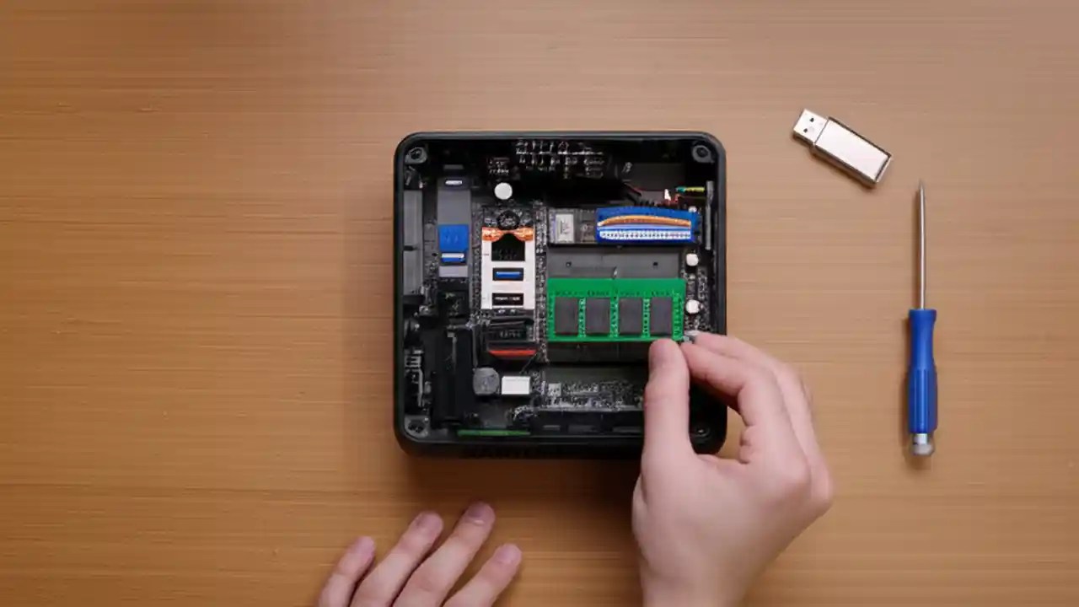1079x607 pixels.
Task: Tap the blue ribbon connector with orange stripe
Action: pos(647,225)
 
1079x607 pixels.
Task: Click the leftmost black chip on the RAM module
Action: pos(566,315)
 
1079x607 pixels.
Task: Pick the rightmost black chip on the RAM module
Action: pos(661,315)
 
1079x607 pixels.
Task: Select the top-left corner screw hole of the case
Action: pos(416,155)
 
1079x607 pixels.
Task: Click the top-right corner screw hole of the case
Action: pos(701,153)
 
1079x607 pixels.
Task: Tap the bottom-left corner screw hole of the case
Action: pos(416,426)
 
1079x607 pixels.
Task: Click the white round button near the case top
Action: pos(503,191)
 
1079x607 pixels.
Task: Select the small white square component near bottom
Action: pos(515,385)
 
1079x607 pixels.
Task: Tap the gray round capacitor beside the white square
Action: pos(486,382)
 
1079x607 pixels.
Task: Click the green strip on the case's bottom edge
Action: pos(493,433)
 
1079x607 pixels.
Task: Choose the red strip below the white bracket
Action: pos(511,352)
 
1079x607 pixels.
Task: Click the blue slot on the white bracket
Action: pos(508,274)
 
